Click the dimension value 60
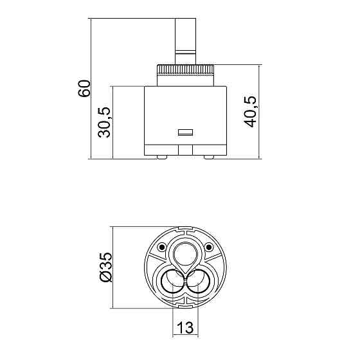coord(84,89)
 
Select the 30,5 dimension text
coord(104,122)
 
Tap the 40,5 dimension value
coord(250,112)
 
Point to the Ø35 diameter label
coord(106,267)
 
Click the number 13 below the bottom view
coord(185,327)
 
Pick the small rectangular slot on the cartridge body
coord(186,132)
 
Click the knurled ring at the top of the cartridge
coord(186,69)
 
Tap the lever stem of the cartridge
coord(186,41)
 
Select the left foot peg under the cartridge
coord(161,157)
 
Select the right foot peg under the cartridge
coord(209,157)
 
